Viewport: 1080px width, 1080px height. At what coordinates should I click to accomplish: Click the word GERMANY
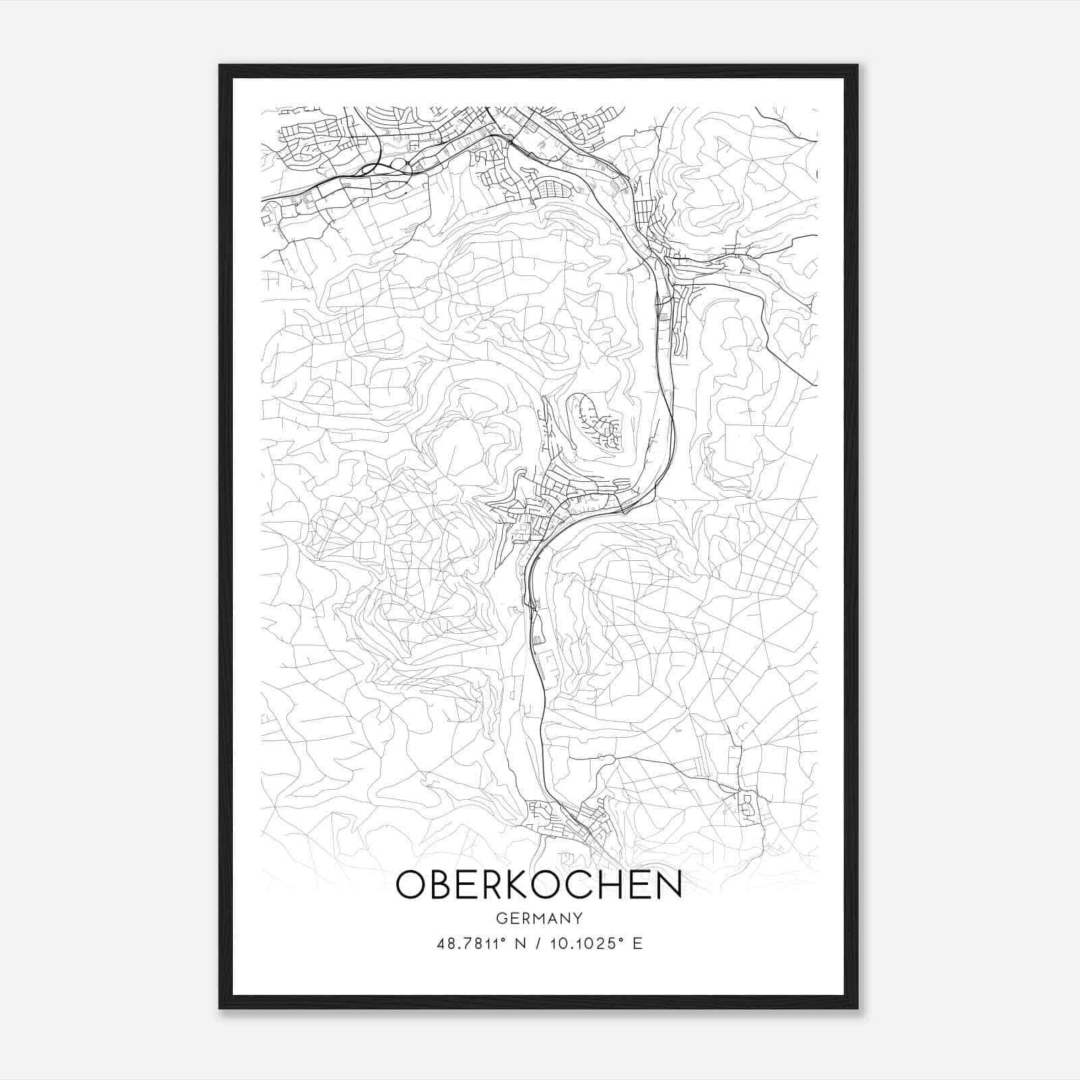tap(539, 919)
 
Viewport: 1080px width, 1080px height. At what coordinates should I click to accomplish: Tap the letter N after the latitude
tap(520, 943)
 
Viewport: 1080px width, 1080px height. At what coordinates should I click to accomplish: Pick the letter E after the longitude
tap(637, 943)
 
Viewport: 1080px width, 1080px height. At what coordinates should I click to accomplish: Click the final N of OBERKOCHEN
tap(668, 885)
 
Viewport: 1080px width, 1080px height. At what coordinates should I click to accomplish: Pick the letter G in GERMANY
tap(501, 919)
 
